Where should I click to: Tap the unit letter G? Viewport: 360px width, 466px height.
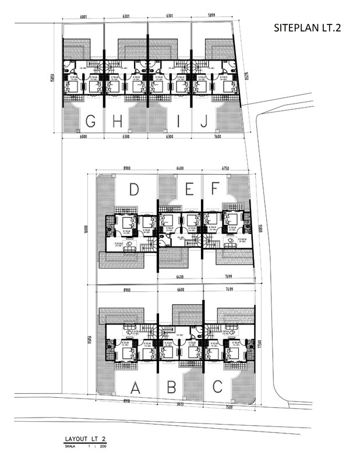pos(91,121)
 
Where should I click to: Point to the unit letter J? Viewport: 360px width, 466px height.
pos(203,121)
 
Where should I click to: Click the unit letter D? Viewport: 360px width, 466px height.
pos(134,189)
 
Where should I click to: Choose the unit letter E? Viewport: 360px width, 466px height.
pos(189,189)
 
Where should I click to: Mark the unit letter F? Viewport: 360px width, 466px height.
pos(214,189)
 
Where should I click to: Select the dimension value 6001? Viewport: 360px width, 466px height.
pos(79,17)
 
